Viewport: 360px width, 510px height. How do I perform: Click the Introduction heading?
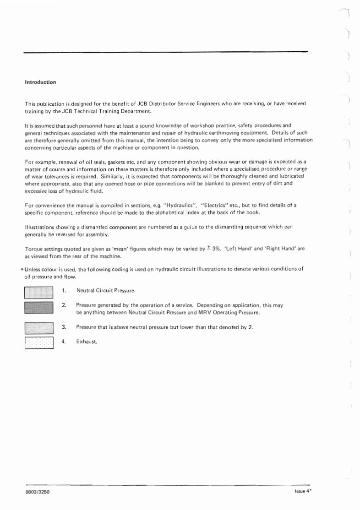(x=40, y=82)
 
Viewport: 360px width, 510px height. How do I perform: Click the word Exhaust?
(x=86, y=342)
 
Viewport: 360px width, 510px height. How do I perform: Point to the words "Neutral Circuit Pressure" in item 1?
(x=106, y=291)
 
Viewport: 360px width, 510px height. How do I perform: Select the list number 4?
(x=64, y=342)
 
